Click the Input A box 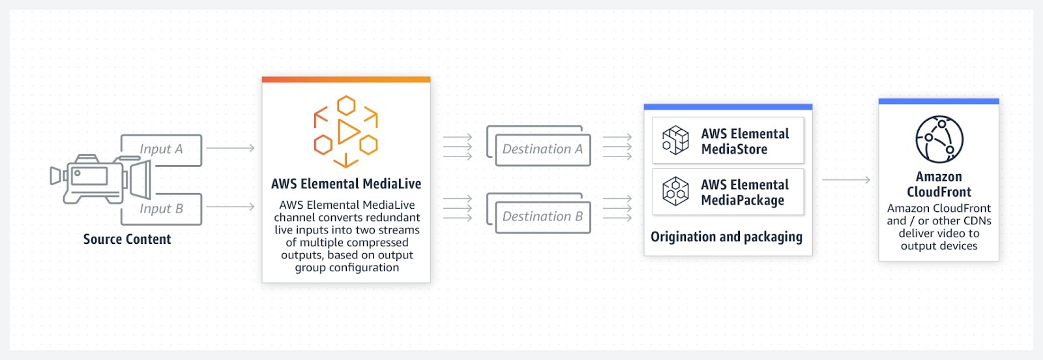(161, 149)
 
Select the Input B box (161, 209)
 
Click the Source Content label (127, 239)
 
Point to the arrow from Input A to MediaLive (230, 148)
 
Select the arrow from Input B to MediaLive (230, 207)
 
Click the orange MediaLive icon (345, 131)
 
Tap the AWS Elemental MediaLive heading (346, 184)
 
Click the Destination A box (542, 149)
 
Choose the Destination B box (542, 217)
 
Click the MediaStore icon (675, 140)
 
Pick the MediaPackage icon (675, 192)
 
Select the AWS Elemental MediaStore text (744, 142)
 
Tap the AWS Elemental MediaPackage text (744, 192)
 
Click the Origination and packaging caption (726, 237)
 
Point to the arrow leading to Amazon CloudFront (845, 179)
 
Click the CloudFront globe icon (939, 139)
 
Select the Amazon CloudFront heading (939, 184)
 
